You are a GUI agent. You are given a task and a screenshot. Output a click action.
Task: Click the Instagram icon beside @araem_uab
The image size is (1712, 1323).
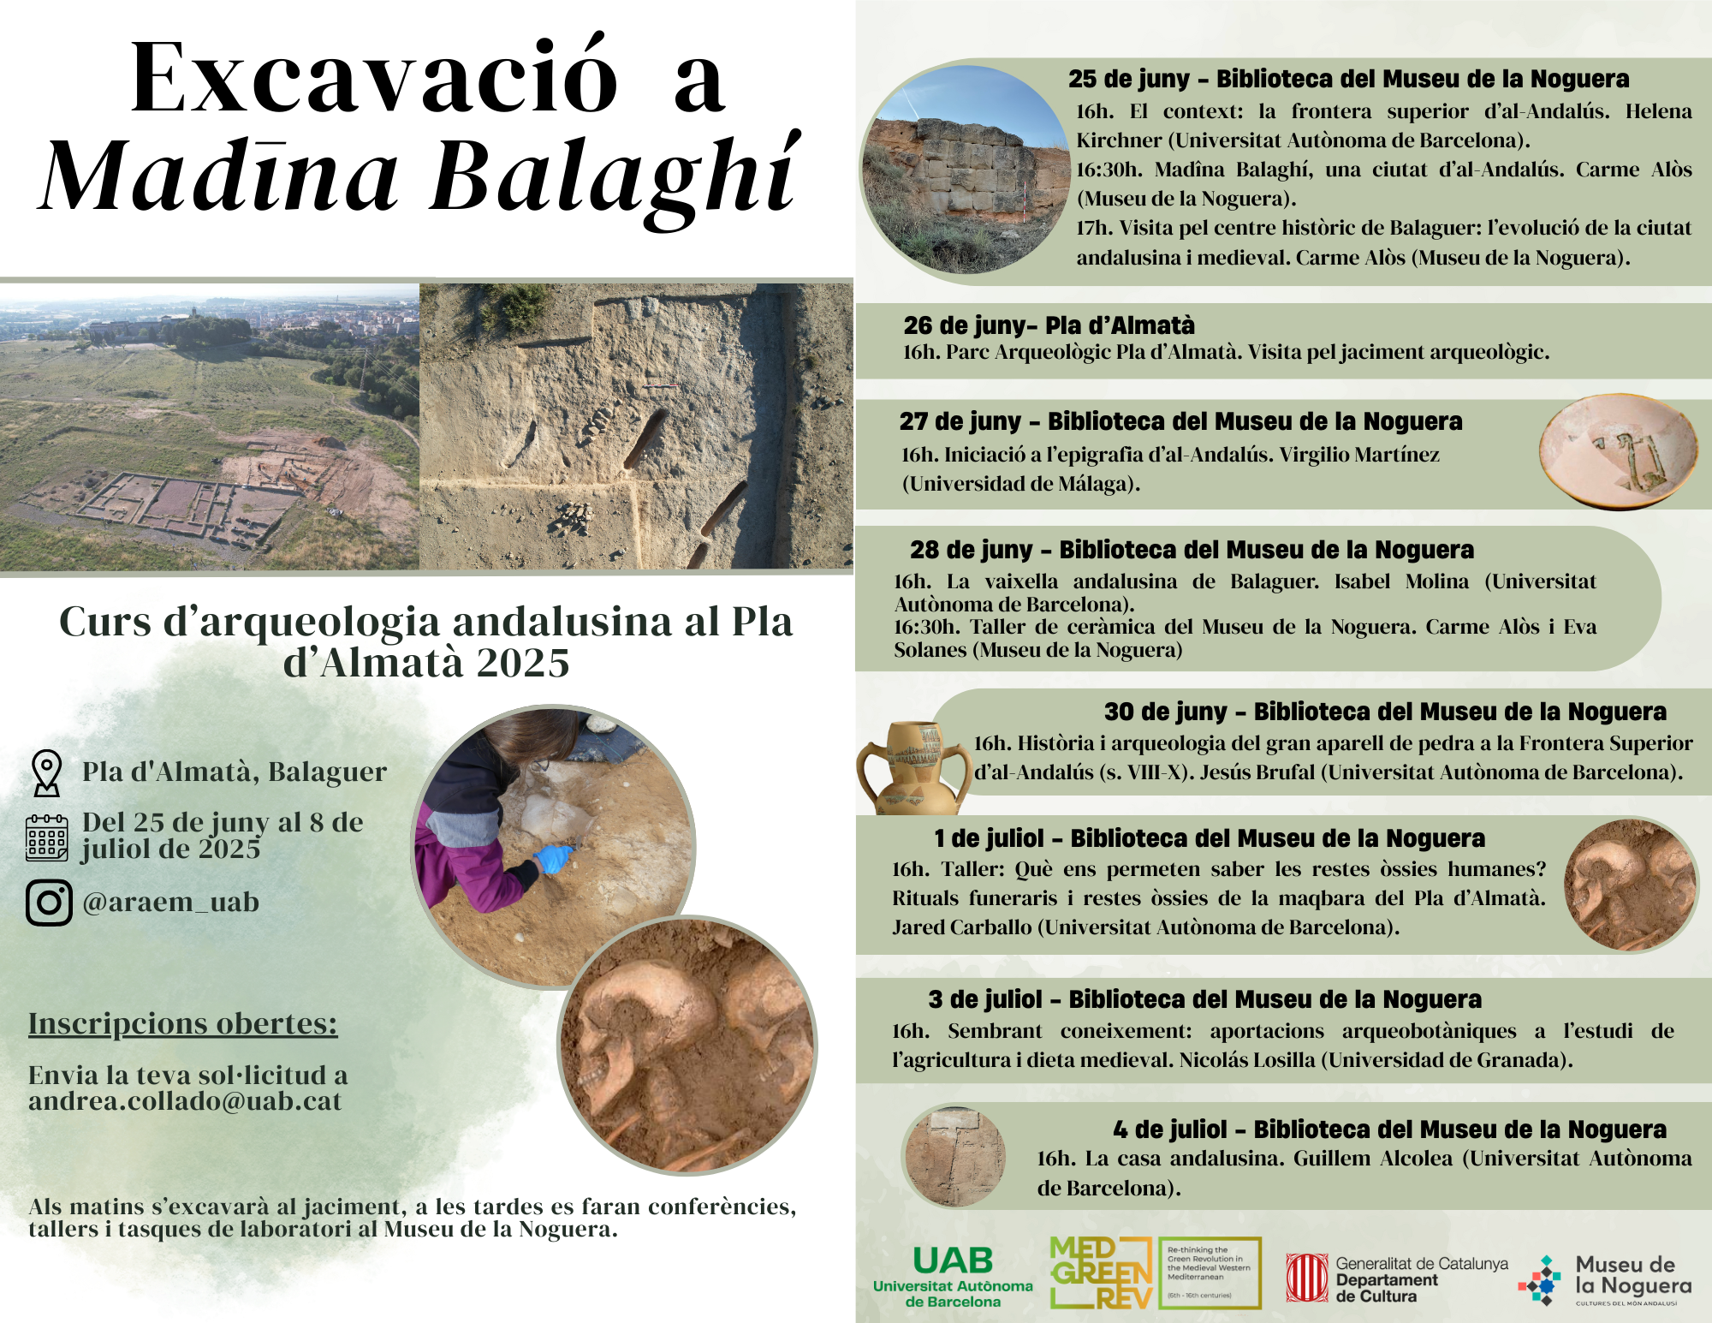click(x=49, y=903)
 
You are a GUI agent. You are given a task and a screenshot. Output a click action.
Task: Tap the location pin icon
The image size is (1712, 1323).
click(x=46, y=772)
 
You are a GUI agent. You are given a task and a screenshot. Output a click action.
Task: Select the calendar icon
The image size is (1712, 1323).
click(x=47, y=837)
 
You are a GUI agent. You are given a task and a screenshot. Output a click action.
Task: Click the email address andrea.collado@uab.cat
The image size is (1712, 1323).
click(x=185, y=1101)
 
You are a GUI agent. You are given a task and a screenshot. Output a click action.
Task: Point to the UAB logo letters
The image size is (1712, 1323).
click(x=953, y=1260)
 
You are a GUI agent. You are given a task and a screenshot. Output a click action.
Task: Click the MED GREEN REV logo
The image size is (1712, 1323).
click(x=1101, y=1272)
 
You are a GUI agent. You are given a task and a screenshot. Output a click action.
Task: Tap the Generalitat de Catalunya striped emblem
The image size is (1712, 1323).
click(x=1306, y=1278)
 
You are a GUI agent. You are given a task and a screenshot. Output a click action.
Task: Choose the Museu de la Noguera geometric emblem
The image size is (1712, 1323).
click(x=1541, y=1280)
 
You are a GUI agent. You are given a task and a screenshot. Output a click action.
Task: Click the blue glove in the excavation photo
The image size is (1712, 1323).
click(x=554, y=858)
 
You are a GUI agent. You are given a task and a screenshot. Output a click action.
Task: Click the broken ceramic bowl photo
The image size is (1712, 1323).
click(x=1618, y=450)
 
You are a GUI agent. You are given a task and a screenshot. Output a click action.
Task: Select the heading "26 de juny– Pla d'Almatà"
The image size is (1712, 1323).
click(x=1049, y=325)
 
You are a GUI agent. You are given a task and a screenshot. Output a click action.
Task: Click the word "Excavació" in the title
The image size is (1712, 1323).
click(x=373, y=79)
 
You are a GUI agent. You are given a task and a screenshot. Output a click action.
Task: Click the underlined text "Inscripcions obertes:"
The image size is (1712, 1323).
click(x=182, y=1024)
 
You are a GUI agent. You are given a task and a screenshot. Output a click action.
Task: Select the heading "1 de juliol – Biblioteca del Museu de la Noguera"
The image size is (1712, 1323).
click(x=1210, y=838)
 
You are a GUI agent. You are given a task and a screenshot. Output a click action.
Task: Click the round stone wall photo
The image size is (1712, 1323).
click(x=965, y=170)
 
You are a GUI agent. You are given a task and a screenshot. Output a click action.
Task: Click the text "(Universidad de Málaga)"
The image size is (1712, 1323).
click(x=1021, y=484)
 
